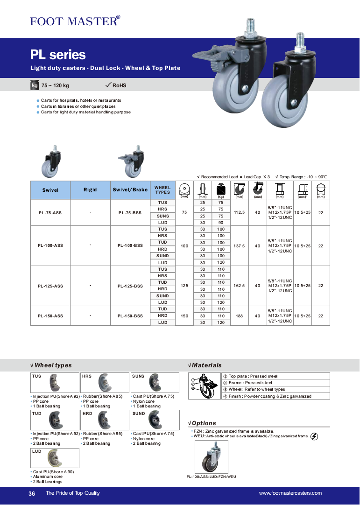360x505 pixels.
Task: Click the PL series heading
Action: pyautogui.click(x=58, y=55)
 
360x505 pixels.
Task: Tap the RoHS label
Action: pyautogui.click(x=119, y=85)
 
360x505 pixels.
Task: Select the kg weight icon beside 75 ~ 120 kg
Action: pyautogui.click(x=35, y=85)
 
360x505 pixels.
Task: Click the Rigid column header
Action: pyautogui.click(x=90, y=190)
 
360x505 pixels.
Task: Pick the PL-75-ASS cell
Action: pyautogui.click(x=50, y=212)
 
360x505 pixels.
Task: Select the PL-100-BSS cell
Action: pyautogui.click(x=130, y=245)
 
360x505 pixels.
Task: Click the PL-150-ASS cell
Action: pyautogui.click(x=50, y=316)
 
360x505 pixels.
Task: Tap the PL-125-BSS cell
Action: pyautogui.click(x=130, y=286)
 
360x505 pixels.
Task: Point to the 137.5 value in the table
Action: pyautogui.click(x=240, y=245)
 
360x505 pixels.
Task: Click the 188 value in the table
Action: pyautogui.click(x=240, y=316)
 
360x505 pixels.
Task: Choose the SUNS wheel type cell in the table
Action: pyautogui.click(x=162, y=216)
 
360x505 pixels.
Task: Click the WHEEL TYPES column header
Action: pyautogui.click(x=162, y=190)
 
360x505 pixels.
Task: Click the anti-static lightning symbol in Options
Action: pyautogui.click(x=314, y=436)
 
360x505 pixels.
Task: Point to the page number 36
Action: pyautogui.click(x=32, y=493)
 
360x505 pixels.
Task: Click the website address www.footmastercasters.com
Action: pyautogui.click(x=290, y=493)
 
